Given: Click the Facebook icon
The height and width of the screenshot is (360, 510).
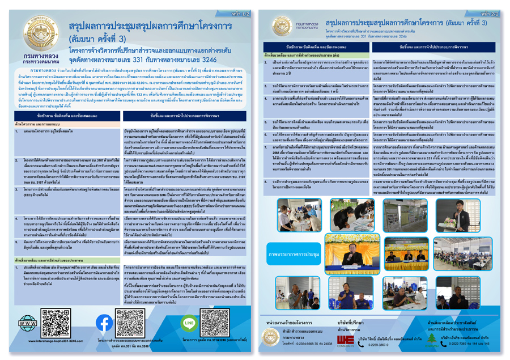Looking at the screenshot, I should [x=104, y=323].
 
